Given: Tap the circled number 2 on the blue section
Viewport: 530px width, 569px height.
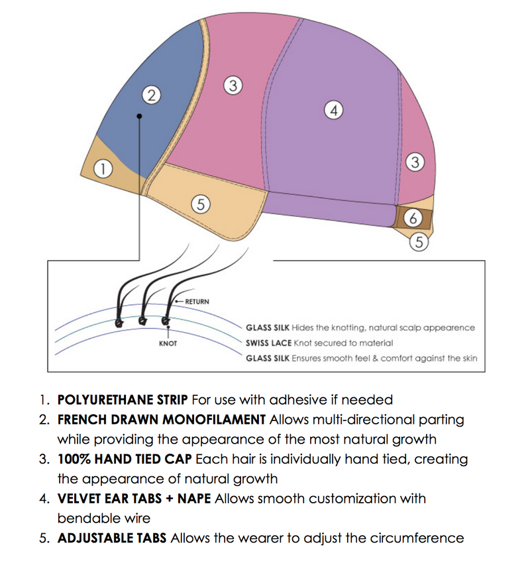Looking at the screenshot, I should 152,95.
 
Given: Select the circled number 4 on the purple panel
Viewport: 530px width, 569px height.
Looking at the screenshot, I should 335,110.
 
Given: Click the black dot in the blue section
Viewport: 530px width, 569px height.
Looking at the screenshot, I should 139,117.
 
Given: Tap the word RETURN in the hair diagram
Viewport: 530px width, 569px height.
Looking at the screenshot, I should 197,301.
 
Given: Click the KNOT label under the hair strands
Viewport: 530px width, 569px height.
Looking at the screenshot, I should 168,344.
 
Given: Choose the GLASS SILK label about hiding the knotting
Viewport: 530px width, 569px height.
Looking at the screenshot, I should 268,328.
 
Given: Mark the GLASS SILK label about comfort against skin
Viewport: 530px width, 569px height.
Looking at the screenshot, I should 268,358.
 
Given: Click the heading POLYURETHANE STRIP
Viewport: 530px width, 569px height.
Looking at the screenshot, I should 123,400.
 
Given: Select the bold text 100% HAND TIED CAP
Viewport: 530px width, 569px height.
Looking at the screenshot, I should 125,459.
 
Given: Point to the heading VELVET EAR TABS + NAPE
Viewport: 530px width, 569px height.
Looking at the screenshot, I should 134,498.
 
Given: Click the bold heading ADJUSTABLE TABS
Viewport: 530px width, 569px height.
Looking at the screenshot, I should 113,538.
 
